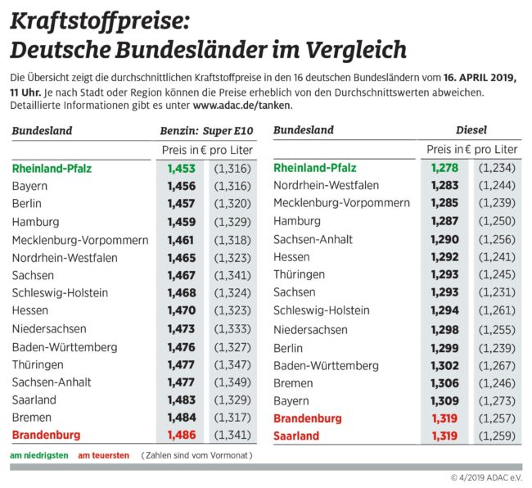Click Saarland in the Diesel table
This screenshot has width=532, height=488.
296,436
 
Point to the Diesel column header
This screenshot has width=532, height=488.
471,130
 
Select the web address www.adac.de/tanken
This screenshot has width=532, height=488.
241,105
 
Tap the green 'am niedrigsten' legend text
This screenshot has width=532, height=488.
38,454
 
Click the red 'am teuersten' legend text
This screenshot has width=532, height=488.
103,454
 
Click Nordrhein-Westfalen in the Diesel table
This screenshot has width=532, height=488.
326,185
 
